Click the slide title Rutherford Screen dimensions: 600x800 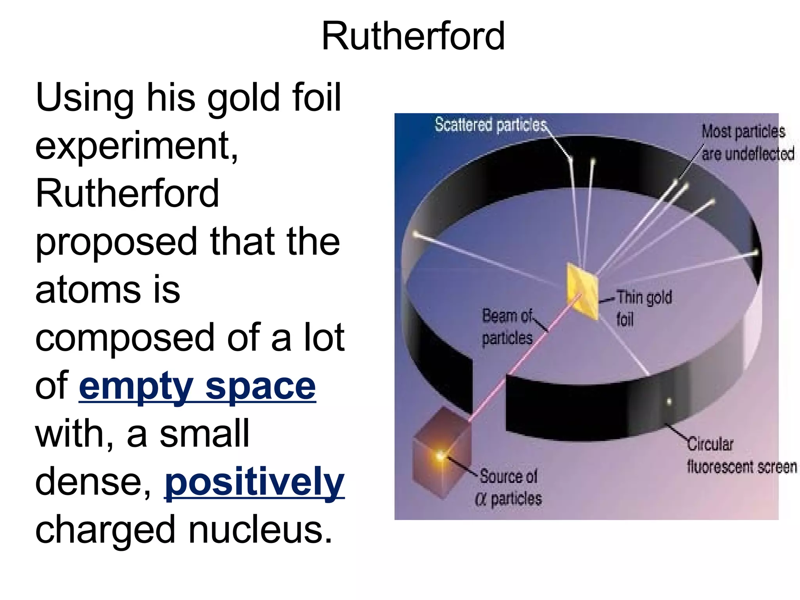tap(413, 36)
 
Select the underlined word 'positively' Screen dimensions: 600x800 tap(254, 483)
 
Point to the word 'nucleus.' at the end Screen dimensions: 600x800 tap(261, 530)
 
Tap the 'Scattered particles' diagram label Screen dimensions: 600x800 tap(491, 125)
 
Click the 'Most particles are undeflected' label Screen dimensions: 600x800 tap(747, 143)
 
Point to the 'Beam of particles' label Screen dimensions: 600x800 tap(507, 327)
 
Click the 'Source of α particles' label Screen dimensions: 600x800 tap(509, 487)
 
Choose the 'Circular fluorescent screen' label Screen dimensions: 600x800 tap(741, 455)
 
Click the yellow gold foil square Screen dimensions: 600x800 tap(582, 291)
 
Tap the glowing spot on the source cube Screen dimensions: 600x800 tap(440, 455)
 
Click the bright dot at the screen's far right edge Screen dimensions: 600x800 tap(755, 253)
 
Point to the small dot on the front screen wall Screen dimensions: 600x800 tap(669, 402)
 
